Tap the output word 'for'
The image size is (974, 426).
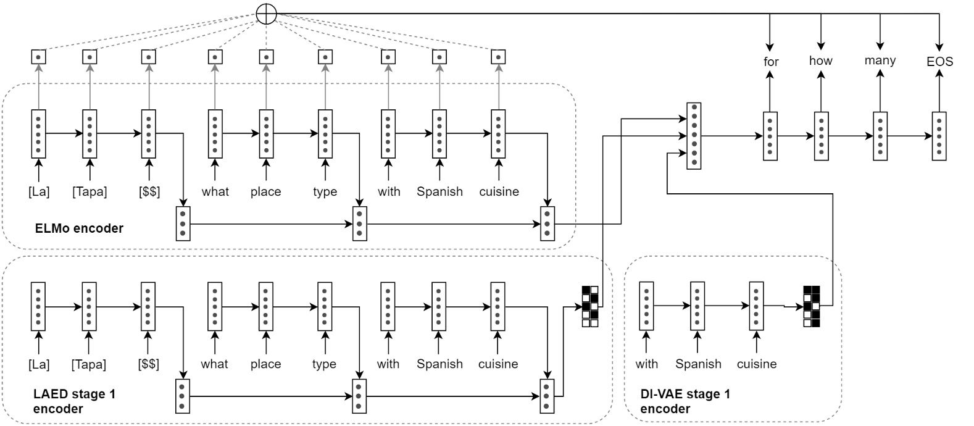[x=771, y=62]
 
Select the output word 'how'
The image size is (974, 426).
[x=820, y=61]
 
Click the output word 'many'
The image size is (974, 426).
[x=880, y=61]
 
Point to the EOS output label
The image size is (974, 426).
[x=939, y=62]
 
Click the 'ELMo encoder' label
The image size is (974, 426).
[x=79, y=228]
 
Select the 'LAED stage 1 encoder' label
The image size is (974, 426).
[x=74, y=401]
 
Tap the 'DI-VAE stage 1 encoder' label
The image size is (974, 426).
[x=685, y=401]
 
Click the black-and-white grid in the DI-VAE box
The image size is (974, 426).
[x=811, y=306]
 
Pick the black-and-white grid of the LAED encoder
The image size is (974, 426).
[x=590, y=306]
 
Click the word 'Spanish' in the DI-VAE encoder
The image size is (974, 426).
[x=698, y=364]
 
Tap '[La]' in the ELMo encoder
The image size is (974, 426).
[x=39, y=192]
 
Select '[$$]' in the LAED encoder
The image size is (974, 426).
[x=149, y=364]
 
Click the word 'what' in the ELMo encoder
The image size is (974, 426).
[x=215, y=192]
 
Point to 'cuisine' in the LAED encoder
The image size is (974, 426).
[x=498, y=364]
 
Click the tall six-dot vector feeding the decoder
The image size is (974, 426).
[x=694, y=136]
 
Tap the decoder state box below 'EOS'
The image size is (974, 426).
[x=939, y=136]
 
